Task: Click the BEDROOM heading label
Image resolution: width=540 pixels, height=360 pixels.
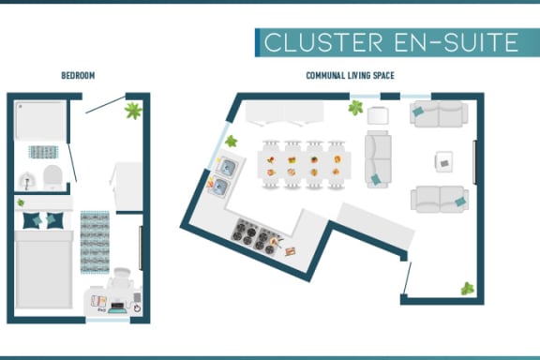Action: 78,75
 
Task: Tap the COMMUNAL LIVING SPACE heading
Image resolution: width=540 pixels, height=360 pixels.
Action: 350,75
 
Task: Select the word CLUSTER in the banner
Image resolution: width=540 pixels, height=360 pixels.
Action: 323,42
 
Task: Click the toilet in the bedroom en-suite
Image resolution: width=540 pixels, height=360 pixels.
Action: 52,177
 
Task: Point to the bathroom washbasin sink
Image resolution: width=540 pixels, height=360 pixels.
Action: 27,181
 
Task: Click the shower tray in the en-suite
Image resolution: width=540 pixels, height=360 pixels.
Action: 40,121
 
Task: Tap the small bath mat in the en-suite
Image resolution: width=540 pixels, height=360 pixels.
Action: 43,152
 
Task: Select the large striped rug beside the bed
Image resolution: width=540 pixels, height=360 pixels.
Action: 95,242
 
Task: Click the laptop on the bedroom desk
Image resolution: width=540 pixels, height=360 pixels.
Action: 117,307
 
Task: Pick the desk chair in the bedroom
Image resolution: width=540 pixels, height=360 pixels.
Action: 120,279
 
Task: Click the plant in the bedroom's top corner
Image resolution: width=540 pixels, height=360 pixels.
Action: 133,111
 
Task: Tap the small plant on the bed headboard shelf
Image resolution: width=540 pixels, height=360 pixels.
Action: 21,202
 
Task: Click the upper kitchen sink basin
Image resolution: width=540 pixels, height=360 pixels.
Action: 227,168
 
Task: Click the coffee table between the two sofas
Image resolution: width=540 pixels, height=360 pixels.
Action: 444,161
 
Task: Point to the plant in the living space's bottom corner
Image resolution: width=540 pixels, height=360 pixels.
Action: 467,289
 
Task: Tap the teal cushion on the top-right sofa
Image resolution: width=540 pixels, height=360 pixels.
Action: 418,112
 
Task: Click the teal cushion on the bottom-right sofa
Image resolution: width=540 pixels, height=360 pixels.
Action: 460,202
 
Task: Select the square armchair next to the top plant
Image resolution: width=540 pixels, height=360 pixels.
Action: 378,115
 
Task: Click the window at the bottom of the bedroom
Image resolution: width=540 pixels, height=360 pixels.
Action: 108,321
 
